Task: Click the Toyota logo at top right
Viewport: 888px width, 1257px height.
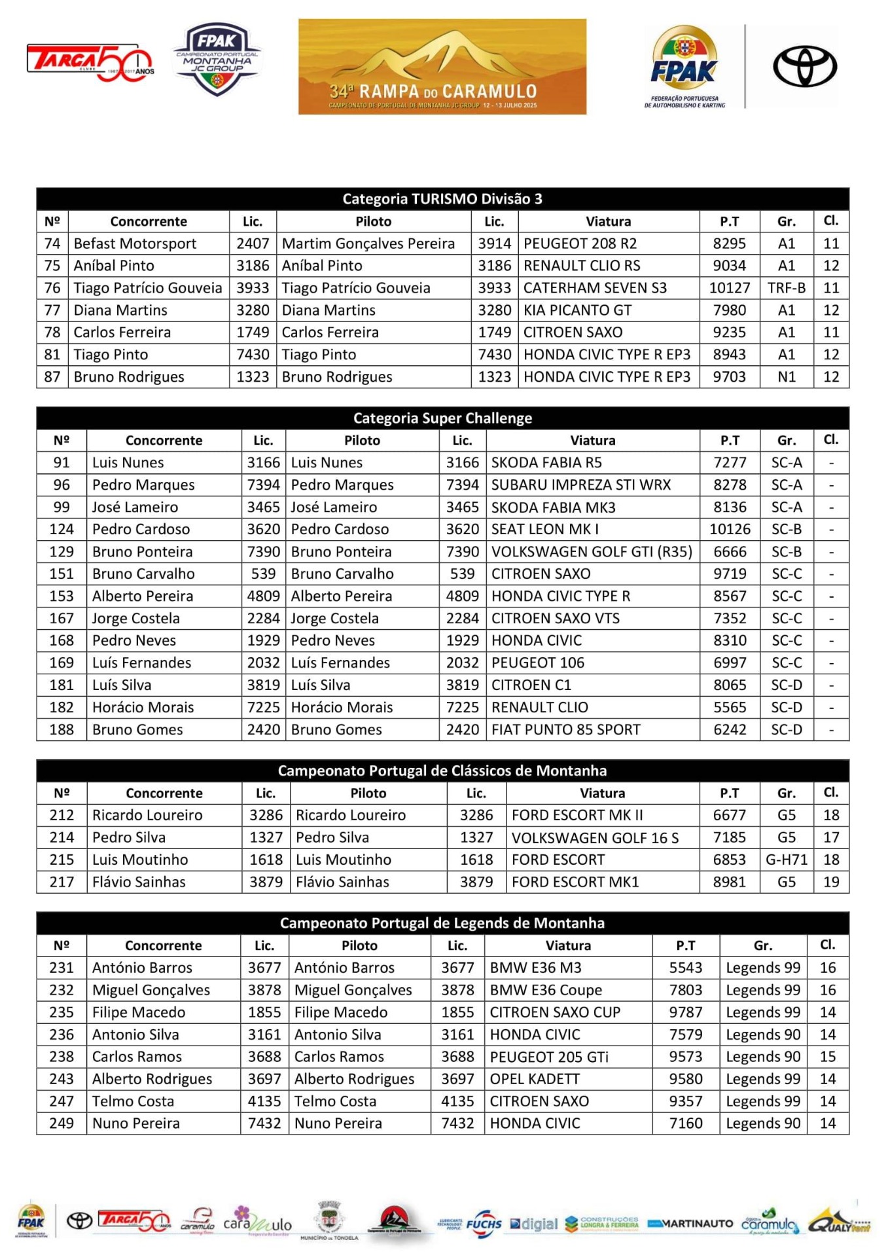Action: coord(804,66)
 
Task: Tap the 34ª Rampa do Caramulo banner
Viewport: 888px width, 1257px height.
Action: coord(442,67)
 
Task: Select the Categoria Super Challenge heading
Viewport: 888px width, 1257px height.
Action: coord(442,418)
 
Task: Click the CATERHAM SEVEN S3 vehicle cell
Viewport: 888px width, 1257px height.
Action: coord(595,288)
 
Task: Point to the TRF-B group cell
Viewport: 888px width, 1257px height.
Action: coord(786,288)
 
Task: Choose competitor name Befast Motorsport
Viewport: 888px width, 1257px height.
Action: coord(135,244)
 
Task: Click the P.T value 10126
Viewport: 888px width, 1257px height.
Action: coord(730,529)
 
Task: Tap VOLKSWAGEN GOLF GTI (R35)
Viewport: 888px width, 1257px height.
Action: coord(592,552)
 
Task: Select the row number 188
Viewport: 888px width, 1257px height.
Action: coord(62,729)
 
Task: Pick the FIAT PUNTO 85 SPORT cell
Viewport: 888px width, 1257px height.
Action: coord(566,729)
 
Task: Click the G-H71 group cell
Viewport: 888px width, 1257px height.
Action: coord(786,860)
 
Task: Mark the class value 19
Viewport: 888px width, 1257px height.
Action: coord(830,882)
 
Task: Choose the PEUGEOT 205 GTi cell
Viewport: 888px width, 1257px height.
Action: coord(549,1057)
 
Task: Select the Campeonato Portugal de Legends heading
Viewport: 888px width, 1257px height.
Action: coord(442,923)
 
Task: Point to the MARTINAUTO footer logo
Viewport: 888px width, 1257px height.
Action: coord(690,1224)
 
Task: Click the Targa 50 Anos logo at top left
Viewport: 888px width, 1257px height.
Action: coord(90,62)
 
